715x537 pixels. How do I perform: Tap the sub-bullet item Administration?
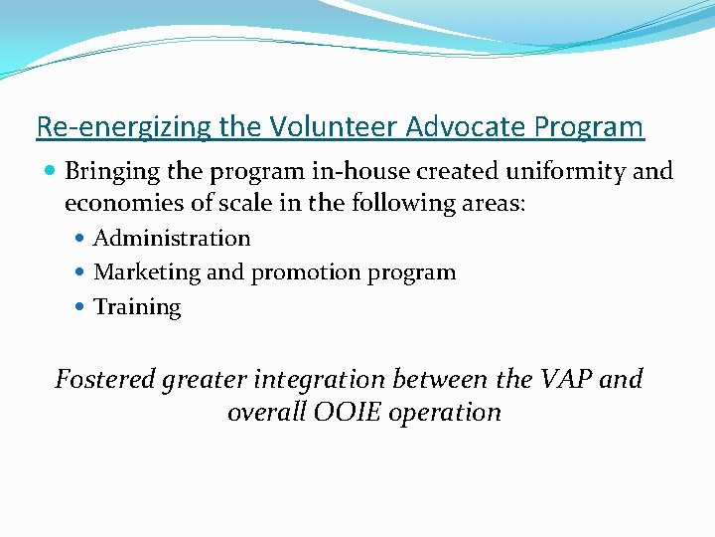point(172,239)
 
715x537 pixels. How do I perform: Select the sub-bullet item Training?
point(137,307)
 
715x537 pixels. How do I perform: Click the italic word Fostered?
point(104,379)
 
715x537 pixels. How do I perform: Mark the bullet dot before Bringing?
point(51,172)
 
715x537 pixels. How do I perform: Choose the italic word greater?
point(209,380)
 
